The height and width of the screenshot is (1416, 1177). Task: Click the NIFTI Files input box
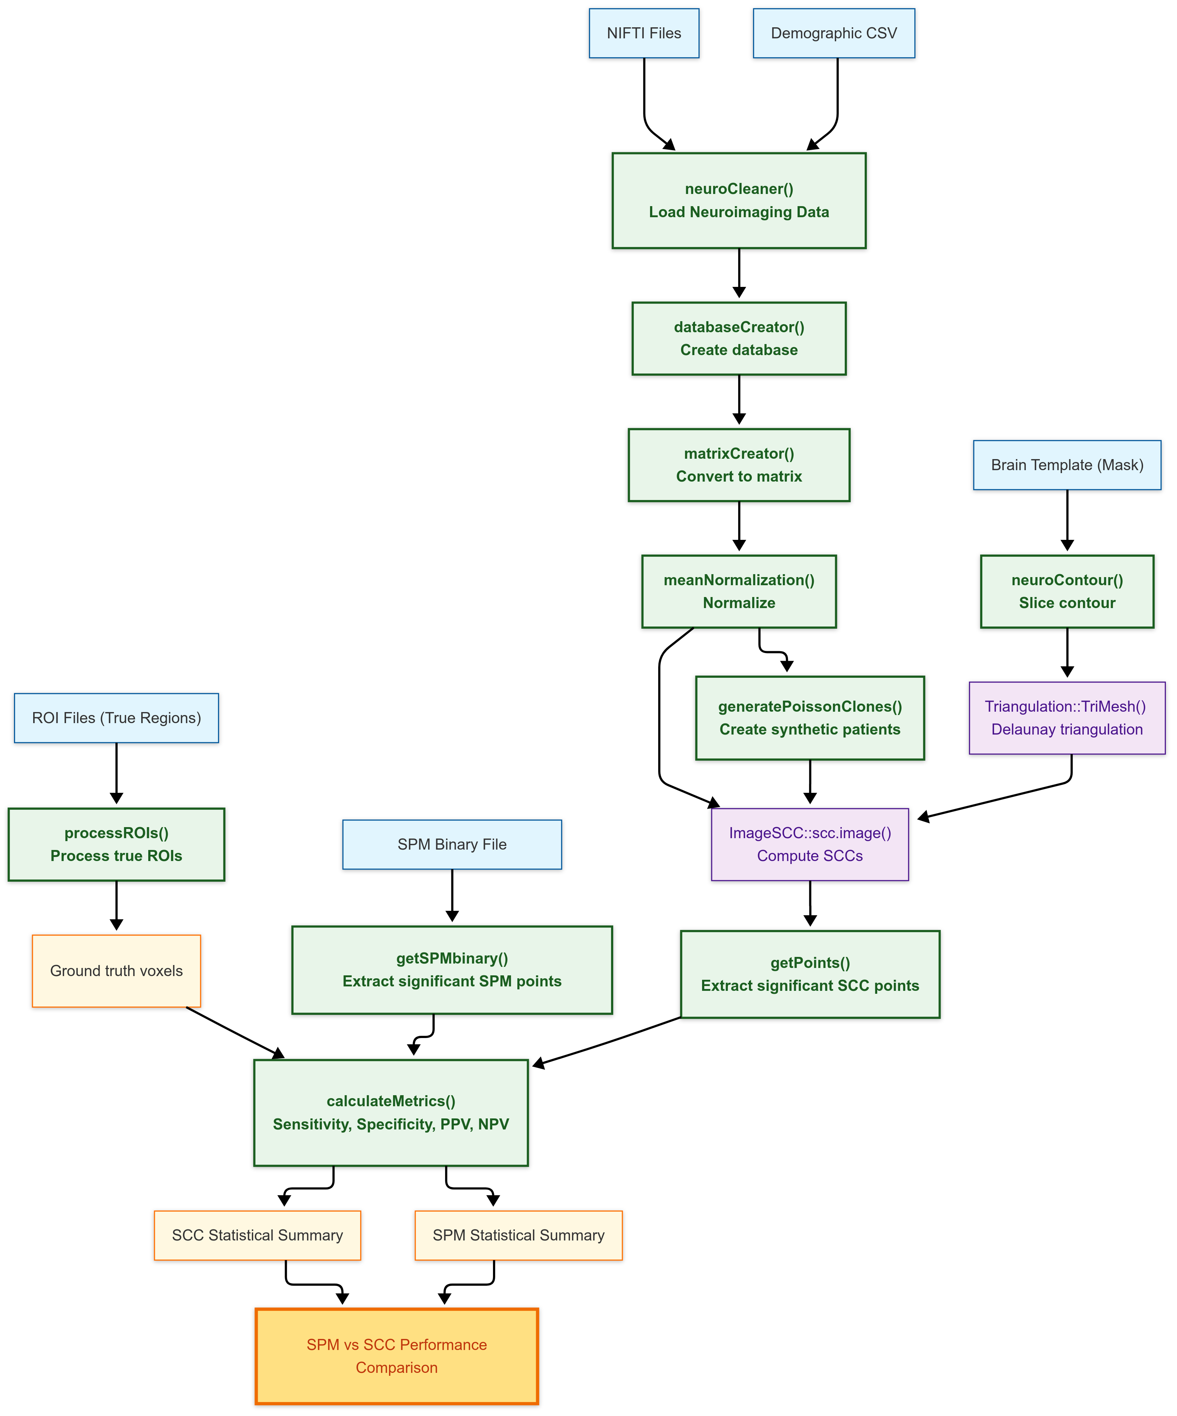point(644,33)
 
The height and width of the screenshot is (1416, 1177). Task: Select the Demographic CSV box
point(833,33)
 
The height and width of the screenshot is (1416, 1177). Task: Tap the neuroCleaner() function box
point(739,200)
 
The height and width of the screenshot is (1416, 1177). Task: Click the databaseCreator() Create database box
point(739,339)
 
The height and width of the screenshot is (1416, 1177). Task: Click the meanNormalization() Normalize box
point(739,591)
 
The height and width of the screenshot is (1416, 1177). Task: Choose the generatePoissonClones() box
point(810,718)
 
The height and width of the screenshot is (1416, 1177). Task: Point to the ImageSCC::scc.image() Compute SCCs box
point(810,844)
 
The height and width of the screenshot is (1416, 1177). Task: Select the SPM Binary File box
point(452,844)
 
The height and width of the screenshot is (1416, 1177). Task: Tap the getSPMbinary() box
point(452,969)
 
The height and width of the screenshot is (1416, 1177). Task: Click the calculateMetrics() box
point(390,1113)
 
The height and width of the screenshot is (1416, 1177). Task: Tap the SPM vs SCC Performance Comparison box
point(396,1356)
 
